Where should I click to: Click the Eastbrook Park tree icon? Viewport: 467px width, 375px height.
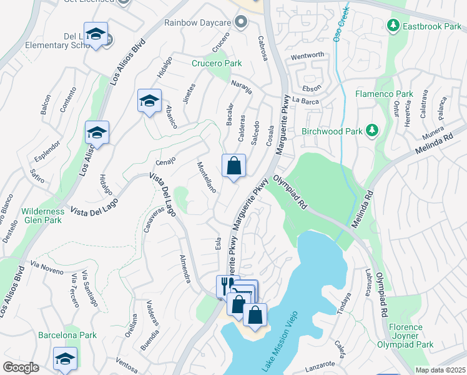click(393, 26)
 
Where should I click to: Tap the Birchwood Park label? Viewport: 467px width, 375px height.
click(332, 131)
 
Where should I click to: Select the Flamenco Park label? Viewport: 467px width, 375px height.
click(384, 94)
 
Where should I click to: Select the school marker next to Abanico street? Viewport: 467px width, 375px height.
click(150, 101)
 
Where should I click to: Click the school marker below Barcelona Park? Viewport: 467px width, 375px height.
click(65, 359)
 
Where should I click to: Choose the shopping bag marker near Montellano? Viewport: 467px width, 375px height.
click(234, 166)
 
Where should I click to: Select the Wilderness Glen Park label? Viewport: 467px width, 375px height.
click(42, 216)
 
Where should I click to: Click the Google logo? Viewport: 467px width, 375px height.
click(21, 367)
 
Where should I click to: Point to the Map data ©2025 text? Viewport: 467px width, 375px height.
click(440, 370)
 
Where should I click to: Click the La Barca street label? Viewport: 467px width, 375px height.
click(305, 101)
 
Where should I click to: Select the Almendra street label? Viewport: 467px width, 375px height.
click(185, 269)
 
